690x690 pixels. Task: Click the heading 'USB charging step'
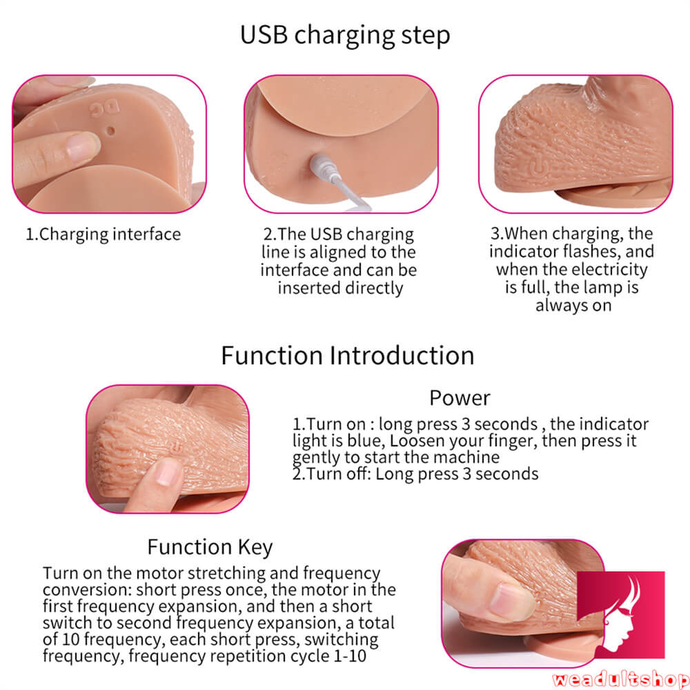click(x=344, y=34)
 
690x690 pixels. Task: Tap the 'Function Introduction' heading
click(x=347, y=355)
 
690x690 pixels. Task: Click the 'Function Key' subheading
click(x=210, y=547)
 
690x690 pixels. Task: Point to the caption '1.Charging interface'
click(x=103, y=234)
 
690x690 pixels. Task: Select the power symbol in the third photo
click(x=533, y=168)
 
